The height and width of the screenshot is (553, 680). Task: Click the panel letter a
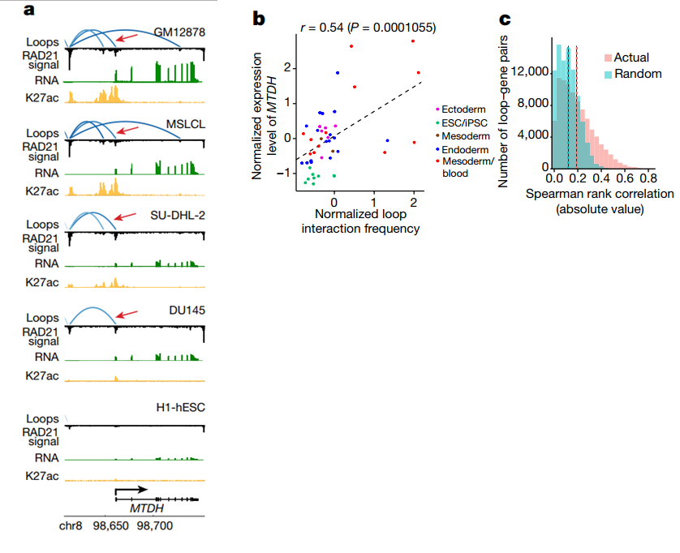pos(30,11)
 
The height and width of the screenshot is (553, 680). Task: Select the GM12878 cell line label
pos(180,32)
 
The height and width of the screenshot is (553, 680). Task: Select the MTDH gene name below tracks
pos(147,508)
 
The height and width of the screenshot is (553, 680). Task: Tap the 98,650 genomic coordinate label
pos(110,527)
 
